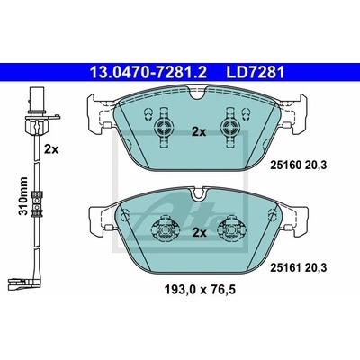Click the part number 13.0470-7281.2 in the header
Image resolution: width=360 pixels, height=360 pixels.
click(148, 72)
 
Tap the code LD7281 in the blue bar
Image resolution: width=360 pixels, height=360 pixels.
click(256, 72)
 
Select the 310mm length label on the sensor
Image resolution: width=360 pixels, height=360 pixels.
click(23, 196)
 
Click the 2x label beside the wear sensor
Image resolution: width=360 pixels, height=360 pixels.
click(51, 149)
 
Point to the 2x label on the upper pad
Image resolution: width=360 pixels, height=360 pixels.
click(199, 132)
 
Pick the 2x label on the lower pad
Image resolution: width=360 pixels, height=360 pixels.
click(199, 232)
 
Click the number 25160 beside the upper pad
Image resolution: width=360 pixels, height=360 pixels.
click(284, 165)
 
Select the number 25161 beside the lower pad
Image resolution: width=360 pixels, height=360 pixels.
click(284, 267)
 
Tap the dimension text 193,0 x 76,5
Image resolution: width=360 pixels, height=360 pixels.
click(200, 290)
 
